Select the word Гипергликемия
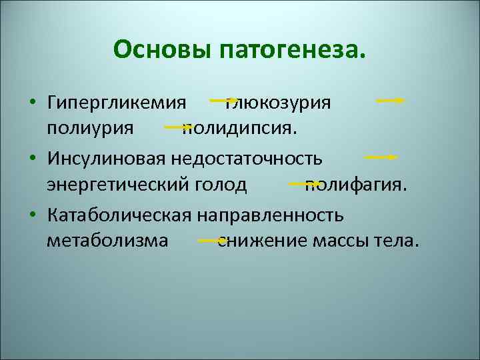click(x=116, y=103)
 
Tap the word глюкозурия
click(x=281, y=103)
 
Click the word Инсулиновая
click(x=107, y=160)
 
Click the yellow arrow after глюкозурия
click(x=391, y=101)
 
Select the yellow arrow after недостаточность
click(x=381, y=157)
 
